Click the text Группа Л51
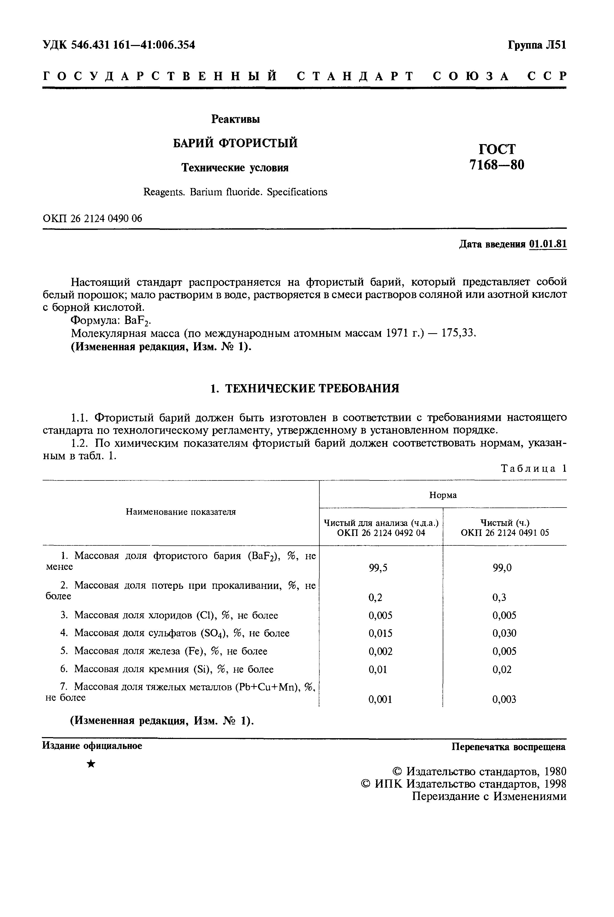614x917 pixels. point(537,45)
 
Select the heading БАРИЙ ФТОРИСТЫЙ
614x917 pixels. point(235,143)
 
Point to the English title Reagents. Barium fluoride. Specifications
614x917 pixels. point(235,192)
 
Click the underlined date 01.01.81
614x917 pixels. point(547,244)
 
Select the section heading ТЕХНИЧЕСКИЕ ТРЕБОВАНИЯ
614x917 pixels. point(312,389)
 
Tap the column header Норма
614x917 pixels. point(443,495)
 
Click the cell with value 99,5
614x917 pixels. point(378,568)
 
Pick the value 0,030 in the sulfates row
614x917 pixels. point(504,633)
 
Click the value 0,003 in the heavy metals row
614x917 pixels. point(504,700)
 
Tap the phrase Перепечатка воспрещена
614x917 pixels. point(509,747)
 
